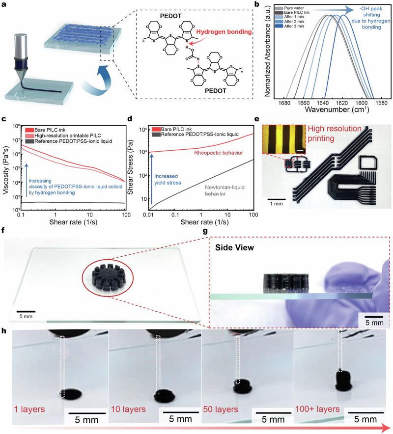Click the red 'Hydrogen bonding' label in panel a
[x=224, y=32]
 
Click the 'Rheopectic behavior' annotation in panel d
[x=219, y=153]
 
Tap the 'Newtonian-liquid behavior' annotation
[x=225, y=190]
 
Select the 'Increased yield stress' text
[x=168, y=179]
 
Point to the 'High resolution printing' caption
[x=334, y=134]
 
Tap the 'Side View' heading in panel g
[x=235, y=247]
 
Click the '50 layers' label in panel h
[x=221, y=409]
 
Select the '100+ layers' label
[x=317, y=409]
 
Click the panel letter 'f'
[x=3, y=231]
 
